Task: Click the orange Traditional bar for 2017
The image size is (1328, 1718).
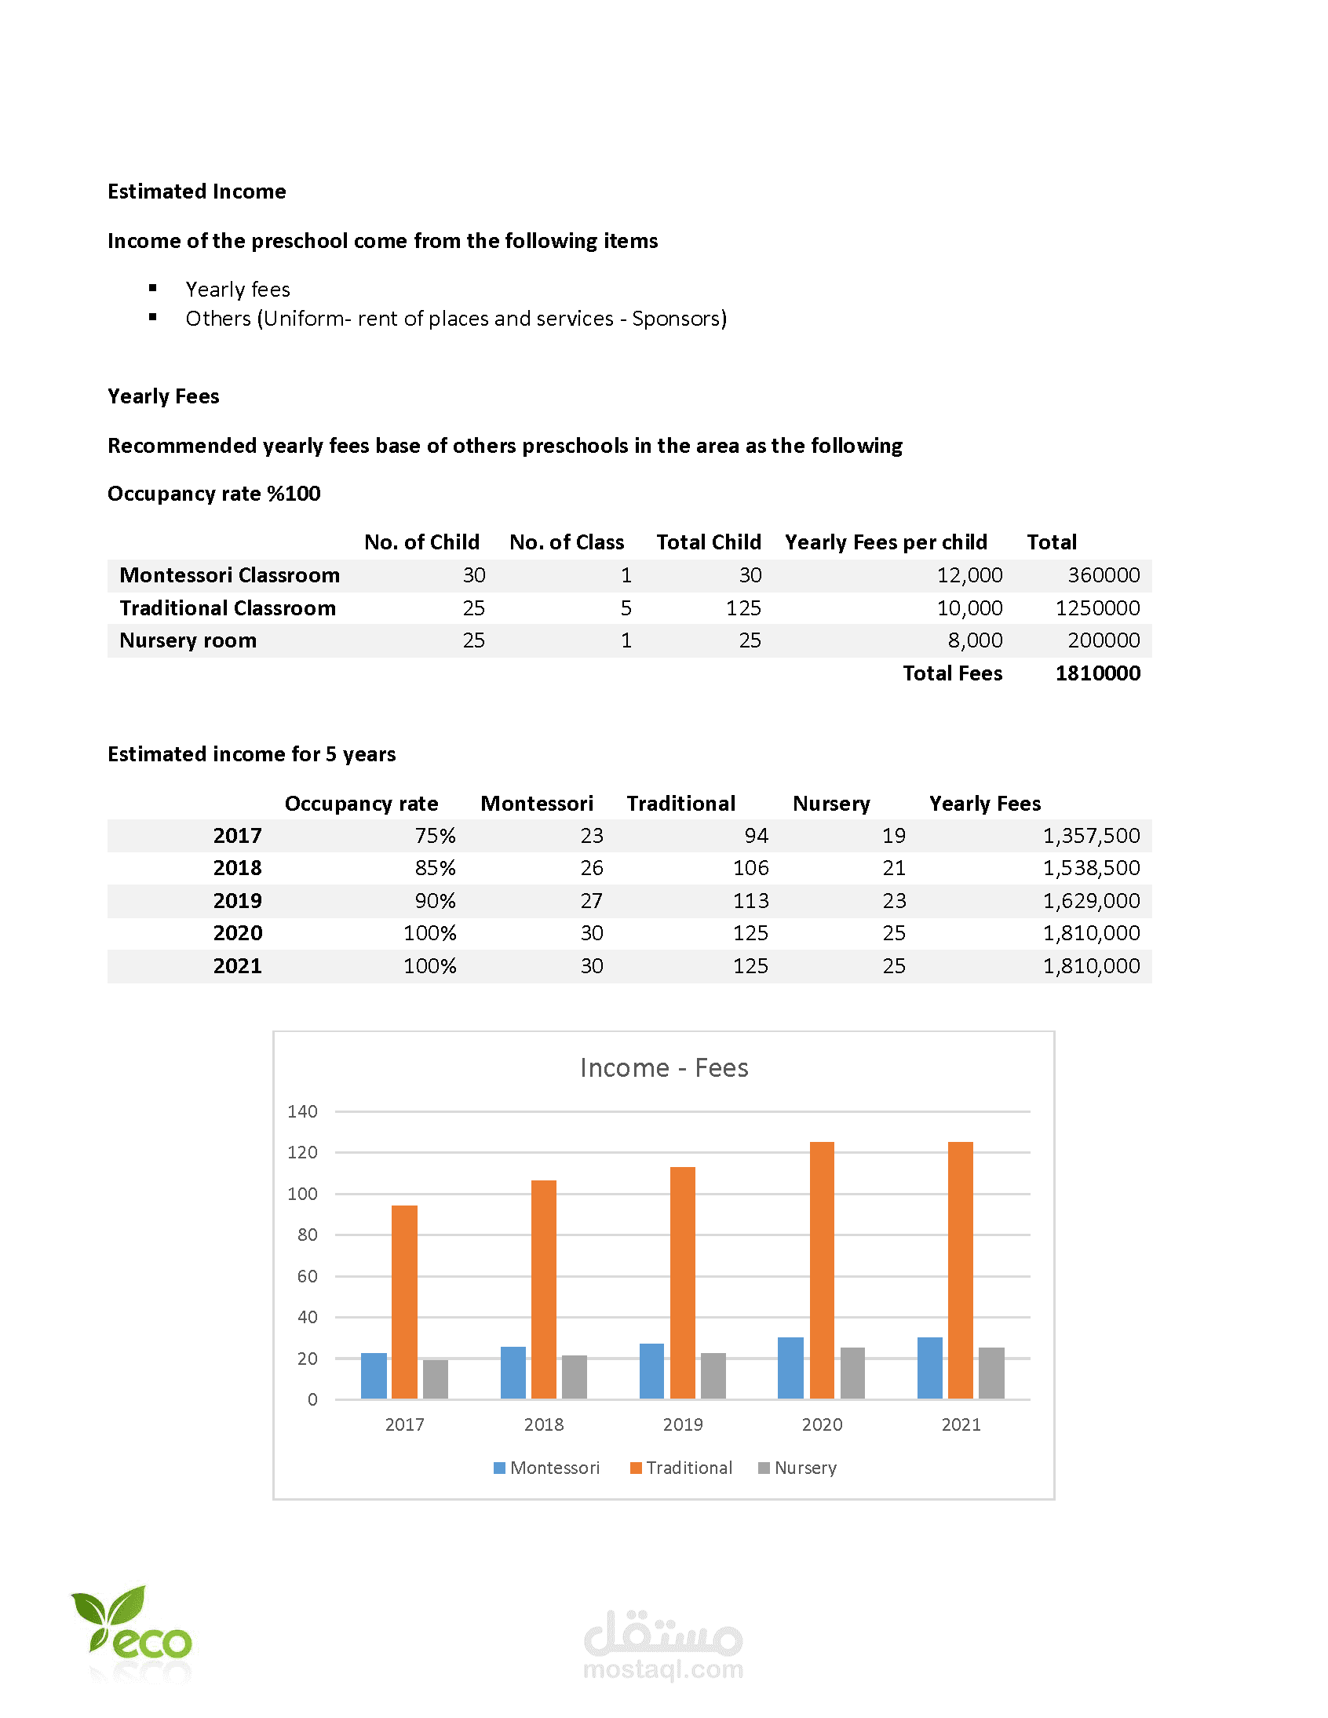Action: point(404,1302)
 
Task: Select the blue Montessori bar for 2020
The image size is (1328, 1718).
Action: point(790,1368)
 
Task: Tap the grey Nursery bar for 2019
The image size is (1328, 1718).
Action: point(713,1376)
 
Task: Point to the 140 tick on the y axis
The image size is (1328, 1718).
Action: point(302,1111)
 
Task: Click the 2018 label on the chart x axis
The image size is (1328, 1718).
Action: point(544,1424)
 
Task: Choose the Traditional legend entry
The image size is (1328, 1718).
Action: point(681,1468)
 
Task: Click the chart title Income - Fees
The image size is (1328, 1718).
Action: point(664,1067)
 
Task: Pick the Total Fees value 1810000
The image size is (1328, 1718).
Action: point(1097,673)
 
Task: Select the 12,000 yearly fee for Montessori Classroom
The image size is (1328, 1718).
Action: point(969,575)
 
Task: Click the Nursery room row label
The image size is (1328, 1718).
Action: point(188,640)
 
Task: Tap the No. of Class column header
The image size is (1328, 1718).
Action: point(567,542)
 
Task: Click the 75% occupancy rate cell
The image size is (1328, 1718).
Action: point(435,835)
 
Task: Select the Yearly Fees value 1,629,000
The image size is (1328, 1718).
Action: point(1091,901)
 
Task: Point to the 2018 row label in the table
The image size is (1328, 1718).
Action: point(237,868)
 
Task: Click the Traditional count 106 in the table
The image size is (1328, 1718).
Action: point(750,868)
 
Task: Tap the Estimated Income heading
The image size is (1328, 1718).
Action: point(197,191)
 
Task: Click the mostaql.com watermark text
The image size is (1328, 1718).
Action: point(663,1669)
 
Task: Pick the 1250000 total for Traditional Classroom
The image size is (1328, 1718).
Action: point(1097,608)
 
